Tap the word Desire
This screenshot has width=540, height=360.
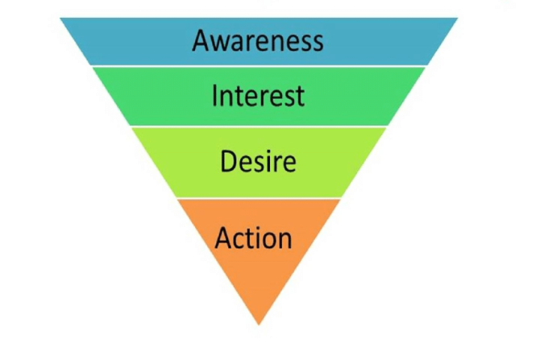pyautogui.click(x=258, y=161)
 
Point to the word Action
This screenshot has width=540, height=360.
pyautogui.click(x=253, y=238)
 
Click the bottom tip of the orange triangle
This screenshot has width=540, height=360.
pyautogui.click(x=259, y=324)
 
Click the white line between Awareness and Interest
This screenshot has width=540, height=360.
pyautogui.click(x=258, y=66)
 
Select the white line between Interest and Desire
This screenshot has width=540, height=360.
pyautogui.click(x=258, y=126)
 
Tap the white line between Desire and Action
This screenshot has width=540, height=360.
pyautogui.click(x=258, y=198)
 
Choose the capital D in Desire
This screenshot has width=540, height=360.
pyautogui.click(x=228, y=161)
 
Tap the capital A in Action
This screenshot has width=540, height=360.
pyautogui.click(x=224, y=238)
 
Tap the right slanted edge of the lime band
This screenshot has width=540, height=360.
pyautogui.click(x=366, y=161)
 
